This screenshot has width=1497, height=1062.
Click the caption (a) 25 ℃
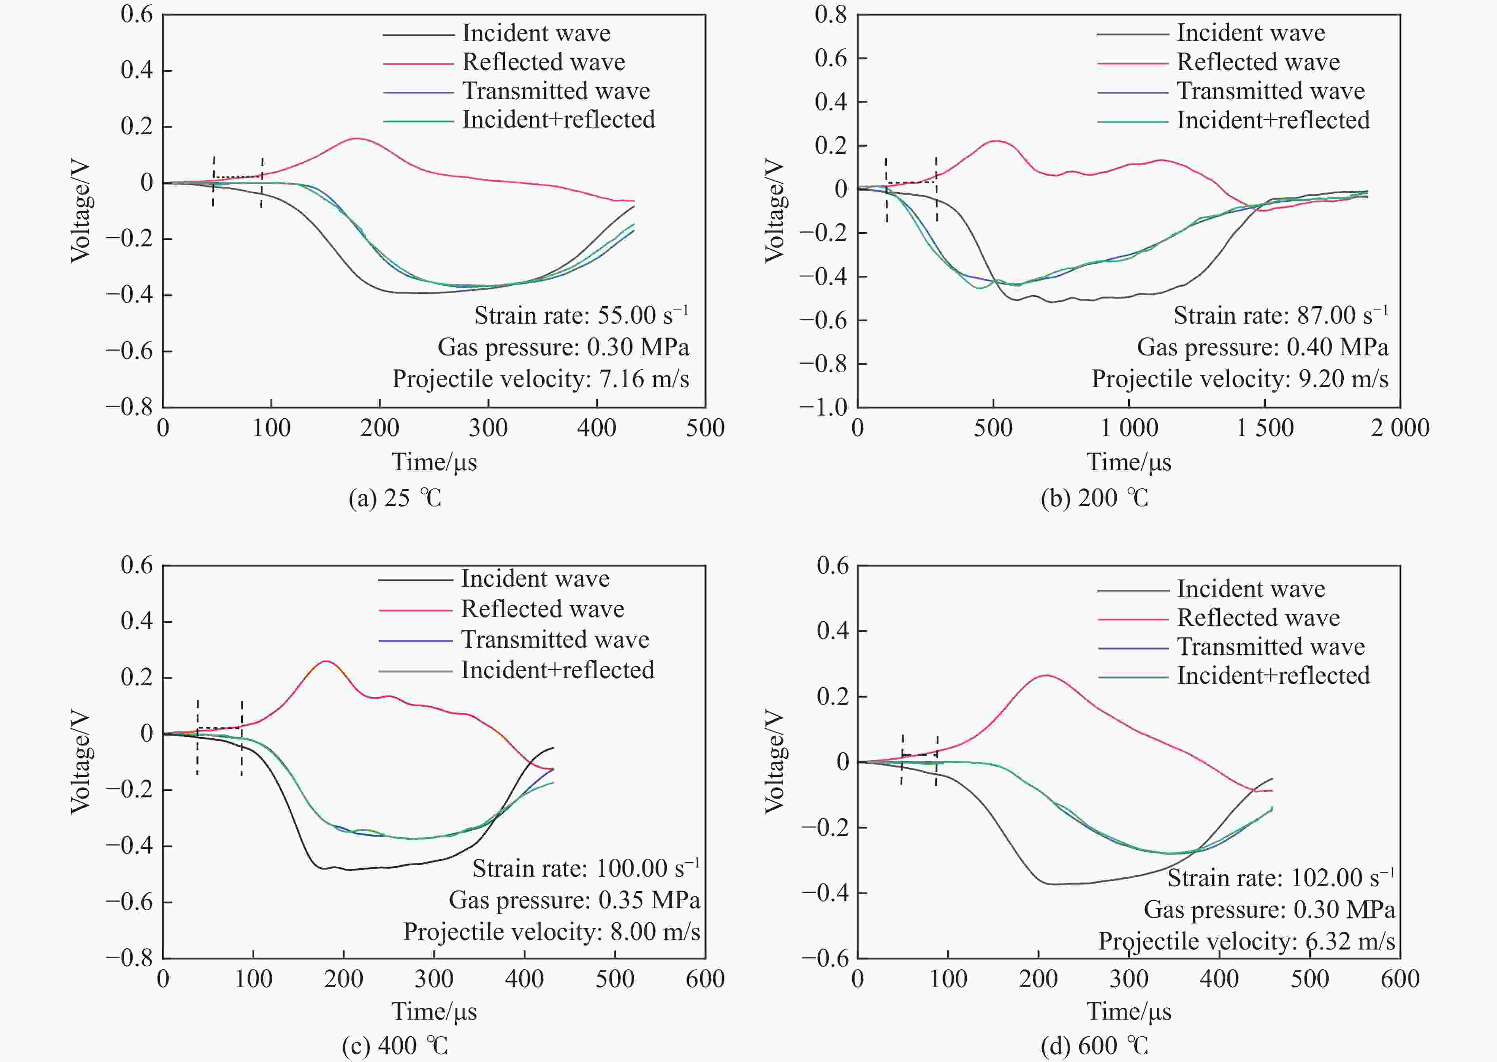(395, 498)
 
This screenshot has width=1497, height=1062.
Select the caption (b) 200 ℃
(1094, 498)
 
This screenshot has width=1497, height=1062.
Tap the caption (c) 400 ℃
(395, 1046)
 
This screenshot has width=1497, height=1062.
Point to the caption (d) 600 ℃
(1094, 1046)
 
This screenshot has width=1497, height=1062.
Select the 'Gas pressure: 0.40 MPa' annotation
(1262, 347)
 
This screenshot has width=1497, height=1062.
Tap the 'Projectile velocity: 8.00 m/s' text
(551, 931)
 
